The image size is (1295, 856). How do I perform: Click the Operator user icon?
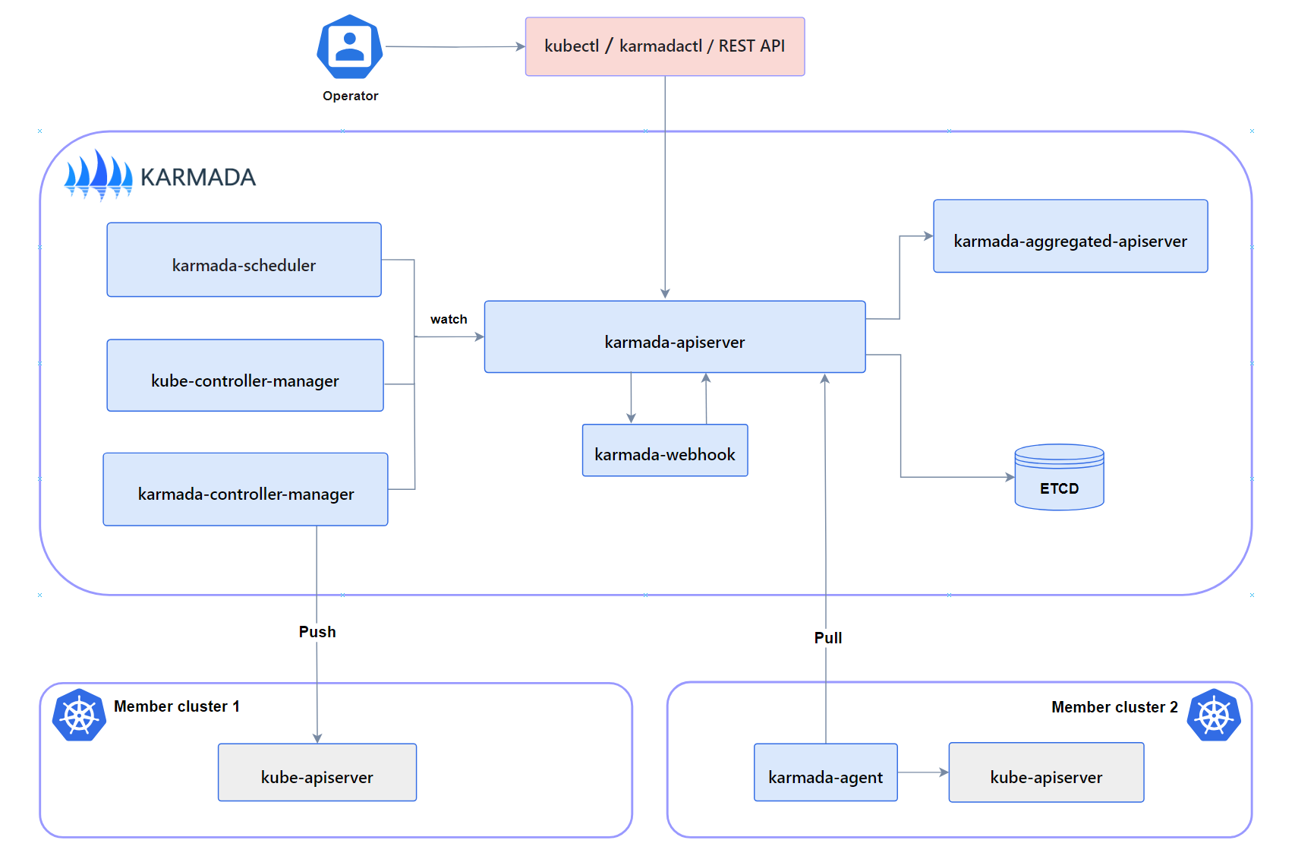pyautogui.click(x=349, y=47)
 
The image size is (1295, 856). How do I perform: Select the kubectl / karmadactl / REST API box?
pyautogui.click(x=664, y=46)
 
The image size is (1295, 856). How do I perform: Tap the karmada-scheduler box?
pyautogui.click(x=244, y=260)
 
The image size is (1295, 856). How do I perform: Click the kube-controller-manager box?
pyautogui.click(x=244, y=375)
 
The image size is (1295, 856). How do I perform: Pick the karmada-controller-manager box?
pyautogui.click(x=245, y=489)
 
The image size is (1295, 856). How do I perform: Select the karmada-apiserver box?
pyautogui.click(x=674, y=337)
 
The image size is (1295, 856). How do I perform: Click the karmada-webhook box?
pyautogui.click(x=664, y=450)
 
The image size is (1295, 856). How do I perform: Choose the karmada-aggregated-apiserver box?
pyautogui.click(x=1070, y=236)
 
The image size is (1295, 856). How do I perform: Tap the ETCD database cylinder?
pyautogui.click(x=1059, y=478)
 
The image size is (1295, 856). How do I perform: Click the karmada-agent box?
pyautogui.click(x=825, y=772)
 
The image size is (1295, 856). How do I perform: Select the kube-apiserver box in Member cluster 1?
pyautogui.click(x=317, y=772)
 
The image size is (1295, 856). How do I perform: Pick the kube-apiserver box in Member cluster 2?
pyautogui.click(x=1045, y=772)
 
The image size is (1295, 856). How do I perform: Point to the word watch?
pyautogui.click(x=449, y=320)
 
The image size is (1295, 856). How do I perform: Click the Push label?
pyautogui.click(x=317, y=632)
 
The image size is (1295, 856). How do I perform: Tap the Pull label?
pyautogui.click(x=827, y=638)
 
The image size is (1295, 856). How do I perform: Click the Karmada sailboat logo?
pyautogui.click(x=99, y=175)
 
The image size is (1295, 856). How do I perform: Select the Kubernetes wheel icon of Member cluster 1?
pyautogui.click(x=79, y=715)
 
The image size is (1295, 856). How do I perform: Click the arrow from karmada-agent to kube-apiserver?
pyautogui.click(x=922, y=772)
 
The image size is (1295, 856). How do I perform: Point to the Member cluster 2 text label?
pyautogui.click(x=1114, y=707)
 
